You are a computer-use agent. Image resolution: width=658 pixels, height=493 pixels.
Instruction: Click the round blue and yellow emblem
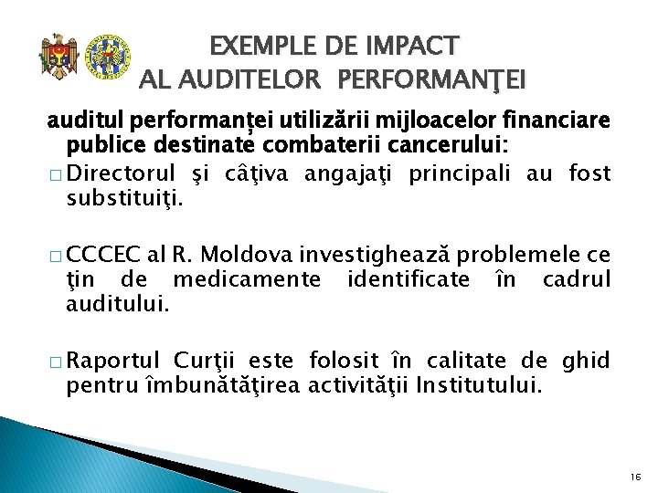click(107, 57)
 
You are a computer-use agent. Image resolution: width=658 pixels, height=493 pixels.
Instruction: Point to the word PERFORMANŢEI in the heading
click(431, 81)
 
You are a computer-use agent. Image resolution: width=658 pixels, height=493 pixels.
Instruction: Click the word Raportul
click(114, 361)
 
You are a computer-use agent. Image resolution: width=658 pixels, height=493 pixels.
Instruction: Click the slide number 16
click(635, 476)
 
